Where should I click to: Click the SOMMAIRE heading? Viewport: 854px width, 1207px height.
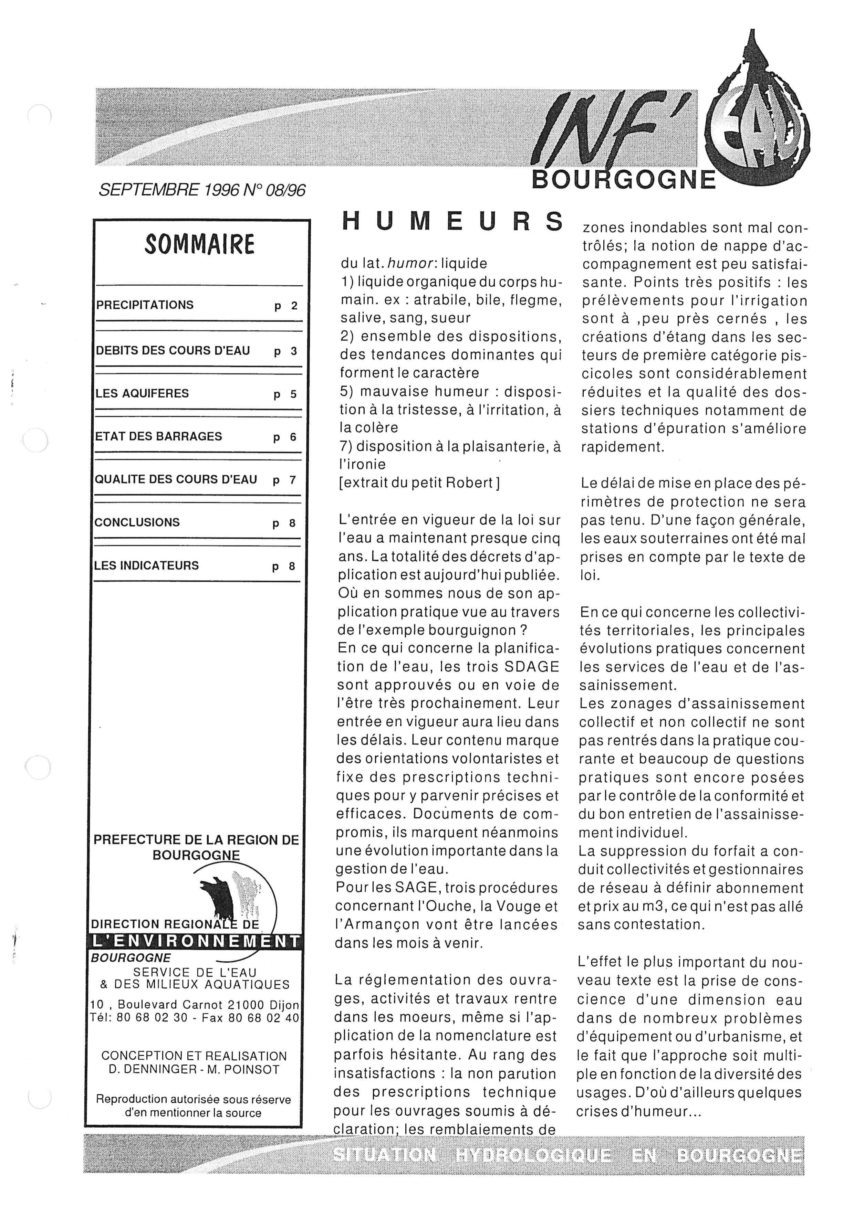(x=199, y=244)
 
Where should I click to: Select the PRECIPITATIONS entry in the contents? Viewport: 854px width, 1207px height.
(x=145, y=305)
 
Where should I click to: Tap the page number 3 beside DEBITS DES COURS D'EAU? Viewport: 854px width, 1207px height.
(x=294, y=351)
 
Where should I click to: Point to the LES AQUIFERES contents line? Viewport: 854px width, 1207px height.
(x=142, y=393)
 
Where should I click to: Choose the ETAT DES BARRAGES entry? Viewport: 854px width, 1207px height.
(x=158, y=436)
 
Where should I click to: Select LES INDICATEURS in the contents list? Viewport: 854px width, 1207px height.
(x=146, y=566)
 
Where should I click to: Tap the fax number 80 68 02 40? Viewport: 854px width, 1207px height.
(x=263, y=1017)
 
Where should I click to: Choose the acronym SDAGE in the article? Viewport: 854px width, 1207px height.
(x=532, y=667)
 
